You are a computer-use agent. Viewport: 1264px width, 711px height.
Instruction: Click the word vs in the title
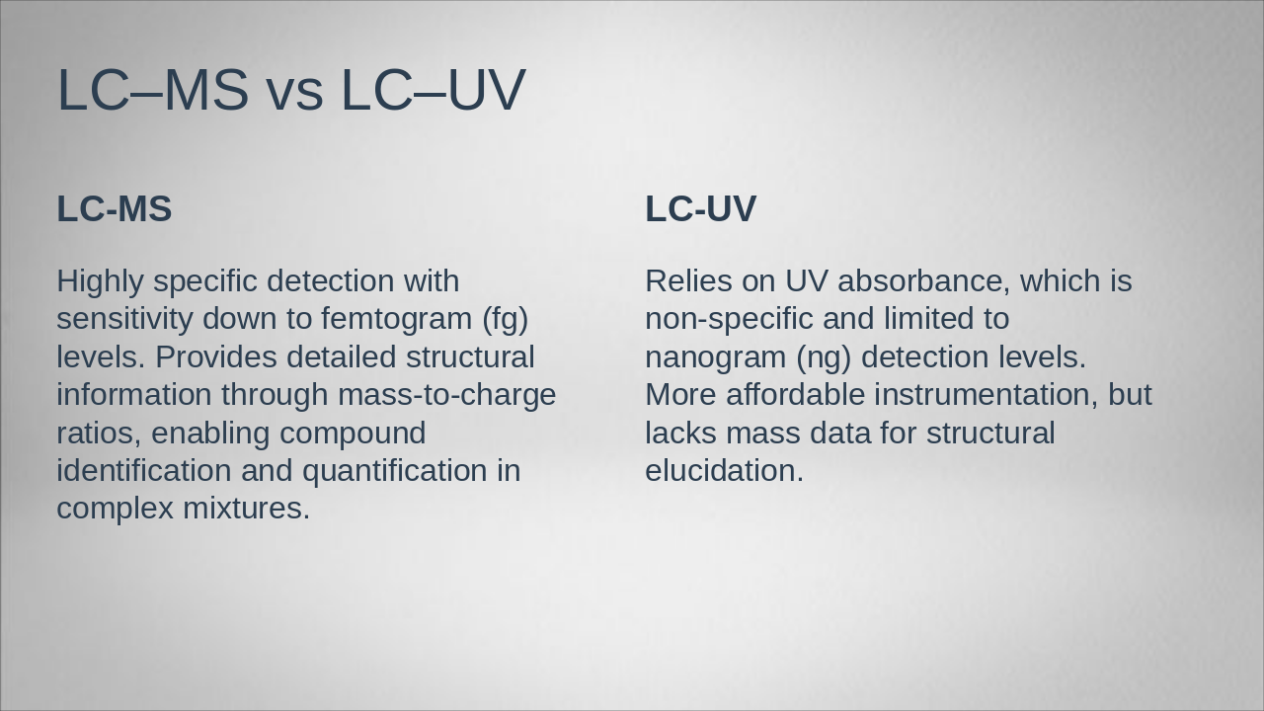pos(293,91)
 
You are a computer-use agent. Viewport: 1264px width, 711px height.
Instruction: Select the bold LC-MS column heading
pos(115,209)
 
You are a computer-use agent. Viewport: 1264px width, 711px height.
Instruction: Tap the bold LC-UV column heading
pos(700,209)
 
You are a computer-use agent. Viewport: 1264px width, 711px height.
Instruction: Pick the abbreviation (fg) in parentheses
pos(506,320)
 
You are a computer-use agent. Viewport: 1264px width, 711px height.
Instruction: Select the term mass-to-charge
pos(446,395)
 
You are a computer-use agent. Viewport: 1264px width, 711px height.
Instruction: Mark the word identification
pos(144,471)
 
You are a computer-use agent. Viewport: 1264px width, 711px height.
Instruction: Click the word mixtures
pos(246,509)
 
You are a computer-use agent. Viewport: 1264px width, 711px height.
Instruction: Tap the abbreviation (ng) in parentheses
pos(824,357)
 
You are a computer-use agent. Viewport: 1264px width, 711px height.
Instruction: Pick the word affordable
pos(795,395)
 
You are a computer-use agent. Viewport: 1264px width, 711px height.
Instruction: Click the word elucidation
pos(724,471)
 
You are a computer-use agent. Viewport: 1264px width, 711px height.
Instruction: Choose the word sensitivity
pos(124,319)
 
